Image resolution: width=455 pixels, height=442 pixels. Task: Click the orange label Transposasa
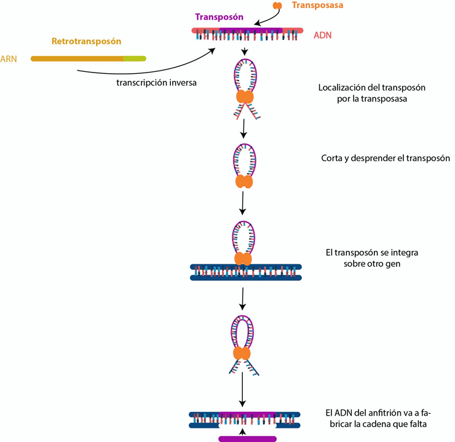coord(318,5)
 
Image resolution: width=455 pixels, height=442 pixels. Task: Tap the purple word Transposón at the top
coord(220,17)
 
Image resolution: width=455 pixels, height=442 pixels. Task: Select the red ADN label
coord(322,35)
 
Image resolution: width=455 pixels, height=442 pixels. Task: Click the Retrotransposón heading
coord(86,41)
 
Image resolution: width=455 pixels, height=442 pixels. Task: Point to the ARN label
coord(9,59)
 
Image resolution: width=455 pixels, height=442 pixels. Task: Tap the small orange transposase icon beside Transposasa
coord(278,6)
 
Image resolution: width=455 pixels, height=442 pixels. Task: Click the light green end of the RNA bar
coord(135,59)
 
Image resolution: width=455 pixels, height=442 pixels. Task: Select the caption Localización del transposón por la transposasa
coord(372,93)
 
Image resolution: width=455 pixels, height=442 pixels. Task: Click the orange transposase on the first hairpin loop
coord(245,97)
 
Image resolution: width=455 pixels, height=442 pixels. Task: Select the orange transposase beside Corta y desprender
coord(245,182)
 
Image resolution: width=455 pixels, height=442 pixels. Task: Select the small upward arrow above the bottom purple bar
coord(245,432)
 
